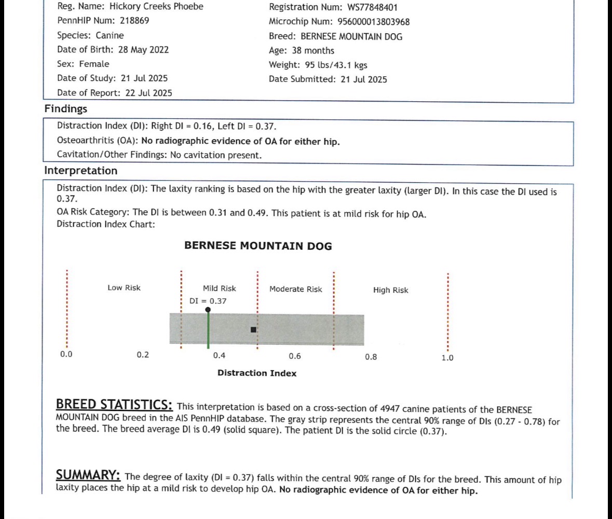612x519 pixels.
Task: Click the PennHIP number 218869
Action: coord(134,21)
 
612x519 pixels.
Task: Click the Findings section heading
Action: coord(65,109)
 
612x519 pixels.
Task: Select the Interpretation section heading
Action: coord(80,171)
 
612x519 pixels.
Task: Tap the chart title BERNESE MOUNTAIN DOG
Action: coord(258,246)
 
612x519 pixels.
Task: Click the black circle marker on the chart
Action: coord(208,310)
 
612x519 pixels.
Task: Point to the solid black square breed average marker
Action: coord(253,330)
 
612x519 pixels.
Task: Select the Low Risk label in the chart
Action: coord(124,288)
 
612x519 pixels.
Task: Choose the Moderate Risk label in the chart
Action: coord(295,289)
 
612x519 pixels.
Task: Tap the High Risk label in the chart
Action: coord(390,290)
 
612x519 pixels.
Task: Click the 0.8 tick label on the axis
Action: coord(371,357)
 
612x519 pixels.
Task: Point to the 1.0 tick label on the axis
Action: coord(447,358)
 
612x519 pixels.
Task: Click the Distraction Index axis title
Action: coord(257,373)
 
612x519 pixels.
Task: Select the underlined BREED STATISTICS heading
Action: coord(114,405)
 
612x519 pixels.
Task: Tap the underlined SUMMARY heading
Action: coord(88,475)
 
